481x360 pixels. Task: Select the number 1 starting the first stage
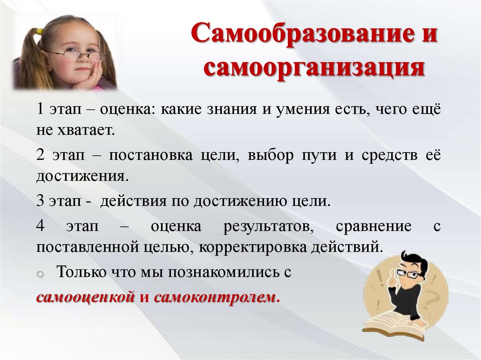click(40, 110)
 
